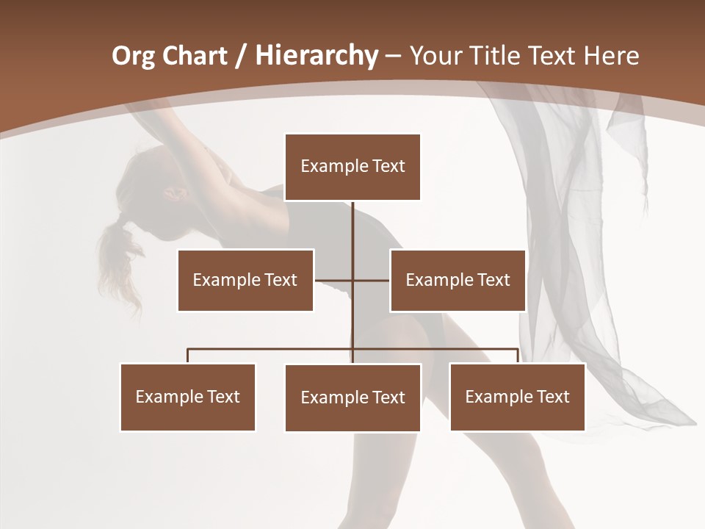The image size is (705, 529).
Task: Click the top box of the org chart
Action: [x=352, y=167]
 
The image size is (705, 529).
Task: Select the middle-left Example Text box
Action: [x=245, y=280]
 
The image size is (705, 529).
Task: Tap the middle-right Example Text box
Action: [x=458, y=280]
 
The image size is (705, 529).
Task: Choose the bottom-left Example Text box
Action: [x=188, y=397]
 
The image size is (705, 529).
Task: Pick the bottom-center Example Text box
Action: [x=352, y=397]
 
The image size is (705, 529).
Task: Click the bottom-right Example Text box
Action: [x=517, y=397]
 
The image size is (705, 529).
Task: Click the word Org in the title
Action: [x=133, y=56]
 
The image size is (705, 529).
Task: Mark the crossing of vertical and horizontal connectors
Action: [x=353, y=280]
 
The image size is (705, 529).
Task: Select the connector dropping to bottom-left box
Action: [x=188, y=356]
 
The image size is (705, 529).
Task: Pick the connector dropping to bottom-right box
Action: [x=518, y=356]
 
